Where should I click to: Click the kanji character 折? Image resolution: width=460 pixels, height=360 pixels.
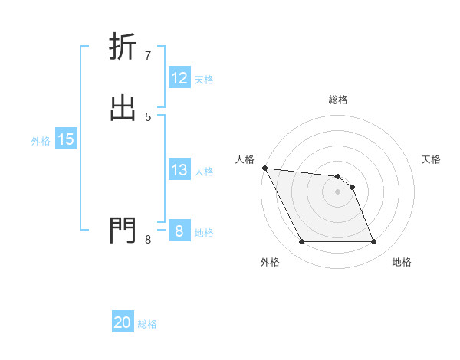coord(123,47)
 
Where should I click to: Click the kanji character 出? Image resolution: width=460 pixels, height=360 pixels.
coord(123,108)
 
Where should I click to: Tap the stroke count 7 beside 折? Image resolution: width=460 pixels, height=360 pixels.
coord(147,55)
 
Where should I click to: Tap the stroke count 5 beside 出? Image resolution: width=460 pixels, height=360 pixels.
coord(147,116)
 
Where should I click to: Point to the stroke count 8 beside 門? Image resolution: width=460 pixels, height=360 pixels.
coord(147,239)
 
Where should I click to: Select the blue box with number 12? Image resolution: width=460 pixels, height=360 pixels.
coord(179,78)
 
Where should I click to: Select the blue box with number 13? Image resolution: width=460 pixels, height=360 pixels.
coord(179,170)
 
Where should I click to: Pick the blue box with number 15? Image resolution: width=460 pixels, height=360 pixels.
coord(66,139)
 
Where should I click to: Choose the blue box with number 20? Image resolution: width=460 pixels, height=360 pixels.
coord(123,322)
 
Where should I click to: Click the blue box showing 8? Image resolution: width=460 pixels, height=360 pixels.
coord(179,231)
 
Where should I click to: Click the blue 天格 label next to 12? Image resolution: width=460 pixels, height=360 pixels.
coord(204,80)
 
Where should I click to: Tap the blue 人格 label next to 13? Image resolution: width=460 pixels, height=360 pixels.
coord(204,172)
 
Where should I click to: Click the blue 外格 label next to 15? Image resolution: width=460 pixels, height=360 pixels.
coord(41,141)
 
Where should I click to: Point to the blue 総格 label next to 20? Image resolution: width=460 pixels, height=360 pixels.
coord(147,324)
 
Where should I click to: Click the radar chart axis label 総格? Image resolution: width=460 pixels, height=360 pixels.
coord(337,100)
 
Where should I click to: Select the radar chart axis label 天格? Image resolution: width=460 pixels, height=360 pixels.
coord(432,159)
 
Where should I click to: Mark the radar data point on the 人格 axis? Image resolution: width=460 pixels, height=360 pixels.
coord(264,168)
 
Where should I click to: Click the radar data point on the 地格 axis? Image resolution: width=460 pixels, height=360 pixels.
coord(374,242)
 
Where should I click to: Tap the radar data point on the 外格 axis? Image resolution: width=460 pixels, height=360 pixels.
coord(301,242)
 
